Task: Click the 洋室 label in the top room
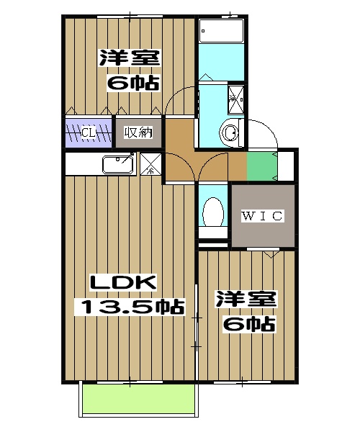(130, 57)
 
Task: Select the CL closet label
(89, 132)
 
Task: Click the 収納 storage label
(138, 132)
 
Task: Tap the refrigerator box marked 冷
(151, 164)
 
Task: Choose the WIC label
(262, 215)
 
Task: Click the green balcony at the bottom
(138, 399)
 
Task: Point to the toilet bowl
(212, 210)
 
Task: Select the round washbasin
(230, 133)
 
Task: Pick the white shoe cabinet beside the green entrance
(286, 165)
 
